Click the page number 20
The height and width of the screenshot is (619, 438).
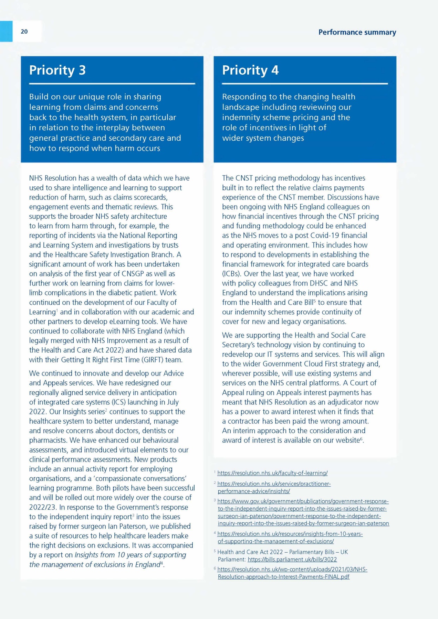click(x=24, y=32)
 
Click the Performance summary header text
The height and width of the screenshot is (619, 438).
click(x=357, y=32)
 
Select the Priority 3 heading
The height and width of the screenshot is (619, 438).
click(x=58, y=70)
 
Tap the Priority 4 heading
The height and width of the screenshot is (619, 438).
click(x=250, y=70)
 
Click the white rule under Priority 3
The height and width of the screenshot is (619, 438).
click(x=112, y=84)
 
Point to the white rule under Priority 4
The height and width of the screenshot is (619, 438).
click(x=305, y=84)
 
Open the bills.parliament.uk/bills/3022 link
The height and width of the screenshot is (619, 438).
click(x=292, y=560)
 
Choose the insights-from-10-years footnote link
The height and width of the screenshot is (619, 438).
click(x=290, y=537)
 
